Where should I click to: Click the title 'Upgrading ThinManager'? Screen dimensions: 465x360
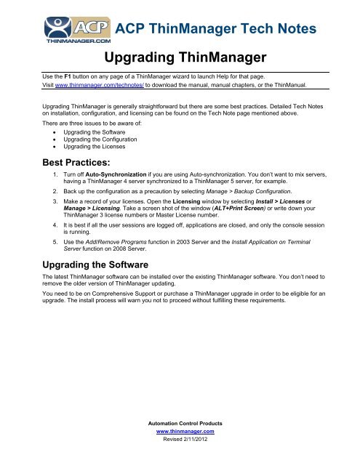(179, 57)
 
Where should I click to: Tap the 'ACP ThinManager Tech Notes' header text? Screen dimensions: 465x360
(216, 30)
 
